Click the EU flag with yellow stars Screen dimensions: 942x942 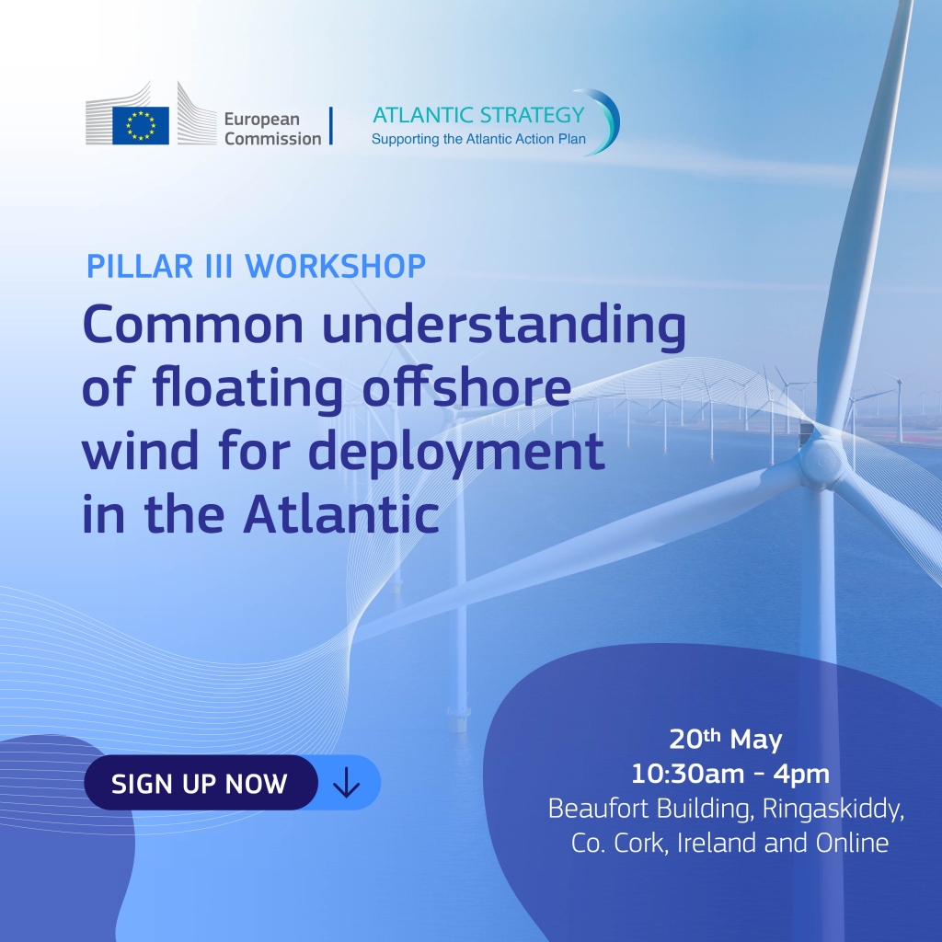141,125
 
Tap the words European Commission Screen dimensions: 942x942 272,129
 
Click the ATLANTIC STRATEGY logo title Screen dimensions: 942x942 478,115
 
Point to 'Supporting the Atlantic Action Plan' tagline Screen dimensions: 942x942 478,140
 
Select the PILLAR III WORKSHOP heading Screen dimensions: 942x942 256,266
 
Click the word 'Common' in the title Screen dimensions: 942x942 193,324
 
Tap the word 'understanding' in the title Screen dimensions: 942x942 504,325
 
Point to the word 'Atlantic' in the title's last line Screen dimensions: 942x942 341,513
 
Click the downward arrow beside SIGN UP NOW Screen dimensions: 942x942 347,783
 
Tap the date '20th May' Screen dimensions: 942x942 725,739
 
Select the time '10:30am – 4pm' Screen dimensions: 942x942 729,774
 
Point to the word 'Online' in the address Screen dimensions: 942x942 852,843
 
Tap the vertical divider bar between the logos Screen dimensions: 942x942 331,125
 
